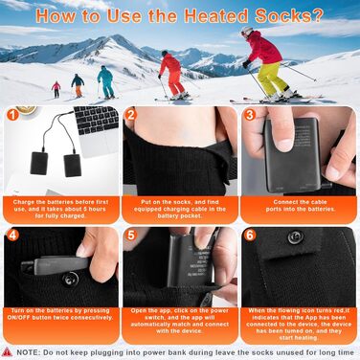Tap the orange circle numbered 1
click(12, 115)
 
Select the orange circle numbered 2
click(131, 115)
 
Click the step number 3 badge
click(250, 115)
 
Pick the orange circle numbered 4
click(12, 235)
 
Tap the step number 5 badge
click(131, 235)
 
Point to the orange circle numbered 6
click(250, 235)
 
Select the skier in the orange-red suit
click(172, 75)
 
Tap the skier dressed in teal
click(105, 82)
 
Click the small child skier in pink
click(56, 90)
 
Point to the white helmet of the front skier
click(247, 30)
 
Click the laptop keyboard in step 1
click(96, 120)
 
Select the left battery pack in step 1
click(39, 163)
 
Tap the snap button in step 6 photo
click(295, 236)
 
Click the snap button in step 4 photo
click(71, 280)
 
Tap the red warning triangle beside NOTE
click(7, 352)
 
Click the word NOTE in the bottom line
click(29, 352)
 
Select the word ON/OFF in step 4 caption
click(18, 318)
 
